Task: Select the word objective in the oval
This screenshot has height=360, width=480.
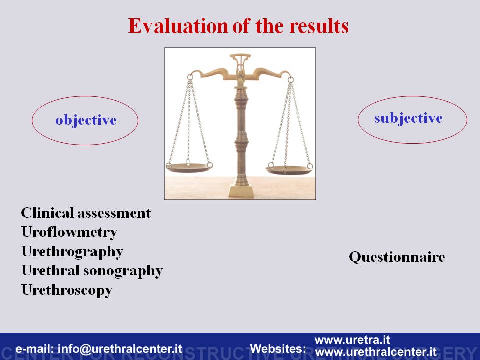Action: point(86,120)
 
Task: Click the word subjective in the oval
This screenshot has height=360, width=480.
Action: point(408,118)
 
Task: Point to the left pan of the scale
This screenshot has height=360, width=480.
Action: point(189,167)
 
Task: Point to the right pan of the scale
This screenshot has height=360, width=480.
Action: point(289,170)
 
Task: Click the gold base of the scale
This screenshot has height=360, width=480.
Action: point(241,190)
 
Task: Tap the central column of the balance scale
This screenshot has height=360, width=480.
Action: point(241,134)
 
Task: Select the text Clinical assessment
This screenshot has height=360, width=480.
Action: point(86,213)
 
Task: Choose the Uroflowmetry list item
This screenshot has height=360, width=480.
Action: point(69,232)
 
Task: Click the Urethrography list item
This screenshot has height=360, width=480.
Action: point(72,252)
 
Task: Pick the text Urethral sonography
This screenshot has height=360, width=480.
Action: point(92,271)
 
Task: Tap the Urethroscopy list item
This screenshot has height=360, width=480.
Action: point(67,290)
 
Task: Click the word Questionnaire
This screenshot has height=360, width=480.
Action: point(397,257)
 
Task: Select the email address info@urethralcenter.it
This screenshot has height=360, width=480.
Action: point(120,349)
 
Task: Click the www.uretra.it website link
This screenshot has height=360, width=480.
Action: point(352,340)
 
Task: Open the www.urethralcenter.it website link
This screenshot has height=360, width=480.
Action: point(376,351)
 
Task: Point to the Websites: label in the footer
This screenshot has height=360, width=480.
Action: point(278,348)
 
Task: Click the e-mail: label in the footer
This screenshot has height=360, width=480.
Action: point(35,349)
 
